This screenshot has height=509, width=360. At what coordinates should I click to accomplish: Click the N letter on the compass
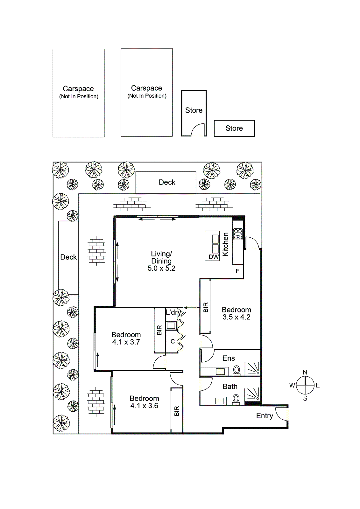coord(305,372)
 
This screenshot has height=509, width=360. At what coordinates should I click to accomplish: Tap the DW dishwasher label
coord(214,257)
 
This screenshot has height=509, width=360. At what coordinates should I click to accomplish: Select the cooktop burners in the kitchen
coord(238,234)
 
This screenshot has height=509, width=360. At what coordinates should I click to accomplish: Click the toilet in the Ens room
coord(237,370)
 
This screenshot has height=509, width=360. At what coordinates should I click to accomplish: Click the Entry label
coord(265,416)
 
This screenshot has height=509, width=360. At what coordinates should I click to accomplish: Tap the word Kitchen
coord(225,244)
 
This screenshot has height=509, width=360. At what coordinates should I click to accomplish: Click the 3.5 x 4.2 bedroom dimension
coord(236,317)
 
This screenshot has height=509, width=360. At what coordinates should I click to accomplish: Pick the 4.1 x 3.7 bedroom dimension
coord(126,342)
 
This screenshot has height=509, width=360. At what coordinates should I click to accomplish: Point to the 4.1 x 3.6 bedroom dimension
coord(144,406)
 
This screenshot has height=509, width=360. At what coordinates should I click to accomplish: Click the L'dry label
coord(173,312)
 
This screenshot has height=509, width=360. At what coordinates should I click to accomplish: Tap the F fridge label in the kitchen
coord(237,271)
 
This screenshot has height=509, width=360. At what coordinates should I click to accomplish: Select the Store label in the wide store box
coord(234,129)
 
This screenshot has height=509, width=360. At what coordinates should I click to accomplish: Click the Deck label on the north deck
coord(167,182)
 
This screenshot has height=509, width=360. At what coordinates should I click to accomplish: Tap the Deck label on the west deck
coord(68,257)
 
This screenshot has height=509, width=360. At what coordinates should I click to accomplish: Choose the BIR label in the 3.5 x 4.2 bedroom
coord(206,307)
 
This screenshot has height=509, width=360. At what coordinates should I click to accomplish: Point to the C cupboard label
coord(173,341)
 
